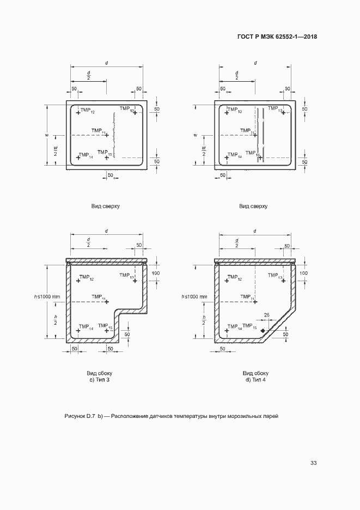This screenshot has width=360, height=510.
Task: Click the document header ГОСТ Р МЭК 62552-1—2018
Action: pos(277,37)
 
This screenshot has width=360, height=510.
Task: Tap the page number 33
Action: pos(313,463)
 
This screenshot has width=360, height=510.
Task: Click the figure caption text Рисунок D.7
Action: pos(80,416)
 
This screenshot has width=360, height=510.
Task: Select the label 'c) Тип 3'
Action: pos(100,379)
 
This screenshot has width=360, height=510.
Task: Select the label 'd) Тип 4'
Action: pos(255,379)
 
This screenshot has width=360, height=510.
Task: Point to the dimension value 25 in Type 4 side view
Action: pos(267,315)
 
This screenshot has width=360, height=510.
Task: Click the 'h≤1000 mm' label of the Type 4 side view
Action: pos(196,296)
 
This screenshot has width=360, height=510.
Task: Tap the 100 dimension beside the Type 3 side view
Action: pos(156,272)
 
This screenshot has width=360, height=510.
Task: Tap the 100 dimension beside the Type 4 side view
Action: pos(304,272)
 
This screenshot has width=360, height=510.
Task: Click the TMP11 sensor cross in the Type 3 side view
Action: pos(107,301)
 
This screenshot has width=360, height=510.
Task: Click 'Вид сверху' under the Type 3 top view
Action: pos(106,206)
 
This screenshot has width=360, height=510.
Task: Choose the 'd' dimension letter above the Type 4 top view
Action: pos(255,63)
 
